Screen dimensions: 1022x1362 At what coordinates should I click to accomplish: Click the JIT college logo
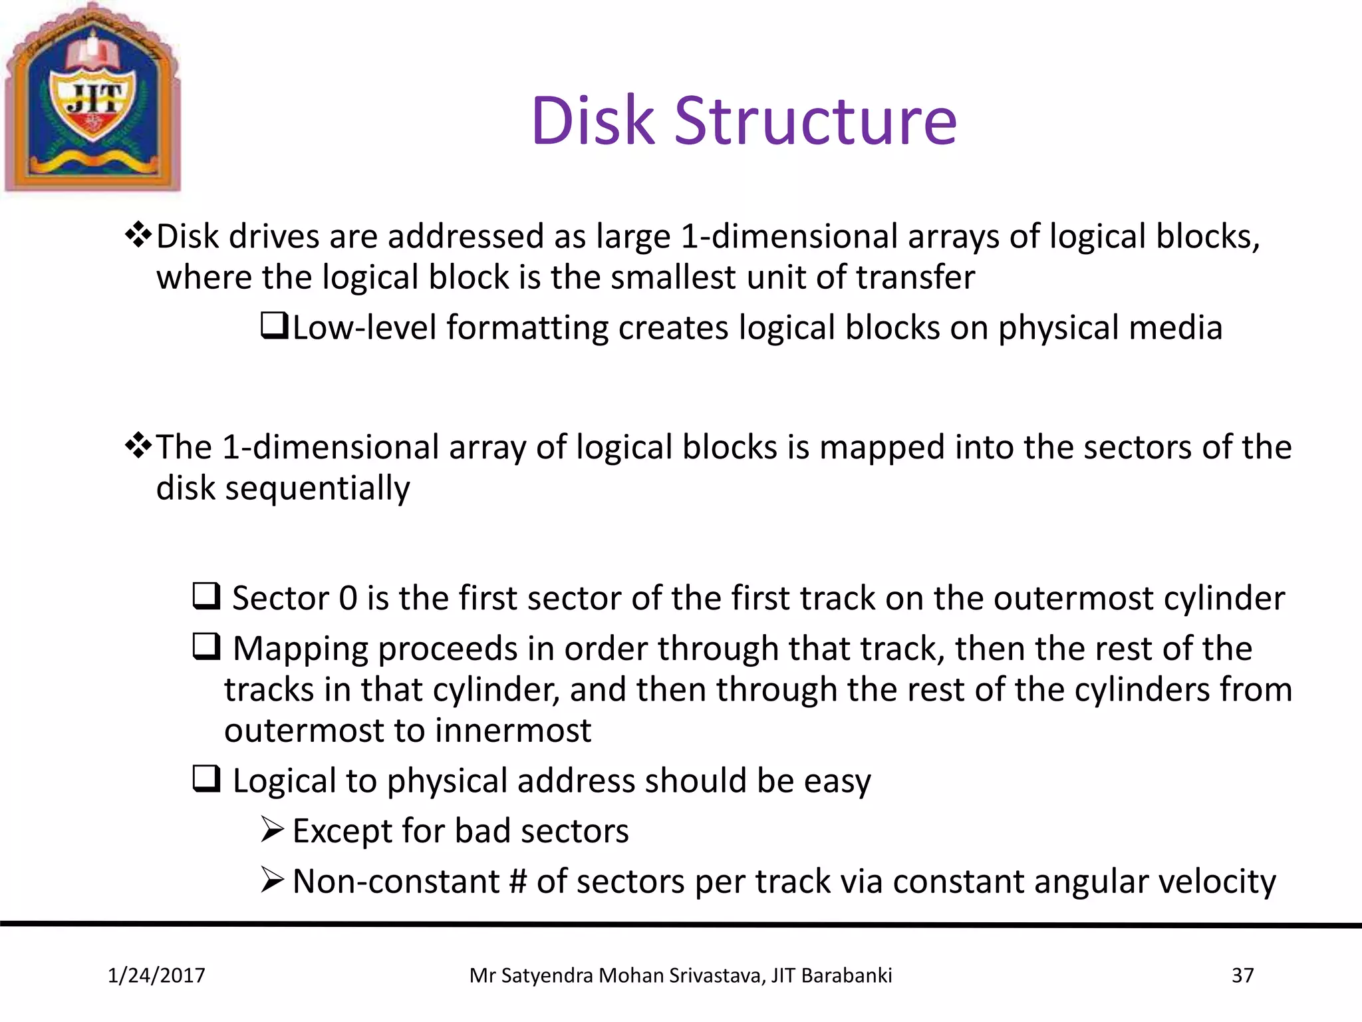pos(92,98)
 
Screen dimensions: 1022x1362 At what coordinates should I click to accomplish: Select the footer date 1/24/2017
pos(156,975)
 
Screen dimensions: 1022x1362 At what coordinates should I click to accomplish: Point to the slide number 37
pos(1242,975)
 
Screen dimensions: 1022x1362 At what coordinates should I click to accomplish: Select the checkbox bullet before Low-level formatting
pos(273,326)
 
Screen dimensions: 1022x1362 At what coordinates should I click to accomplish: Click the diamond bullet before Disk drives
pos(138,235)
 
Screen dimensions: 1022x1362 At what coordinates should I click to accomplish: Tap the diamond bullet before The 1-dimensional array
pos(138,445)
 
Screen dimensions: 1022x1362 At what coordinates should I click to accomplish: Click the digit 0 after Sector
pos(348,597)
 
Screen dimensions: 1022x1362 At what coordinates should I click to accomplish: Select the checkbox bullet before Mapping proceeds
pos(206,646)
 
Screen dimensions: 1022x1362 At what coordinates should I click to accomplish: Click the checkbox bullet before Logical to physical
pos(206,778)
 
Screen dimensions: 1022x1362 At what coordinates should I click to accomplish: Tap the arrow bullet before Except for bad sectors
pos(273,829)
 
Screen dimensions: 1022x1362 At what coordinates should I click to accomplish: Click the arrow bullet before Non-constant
pos(273,880)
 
